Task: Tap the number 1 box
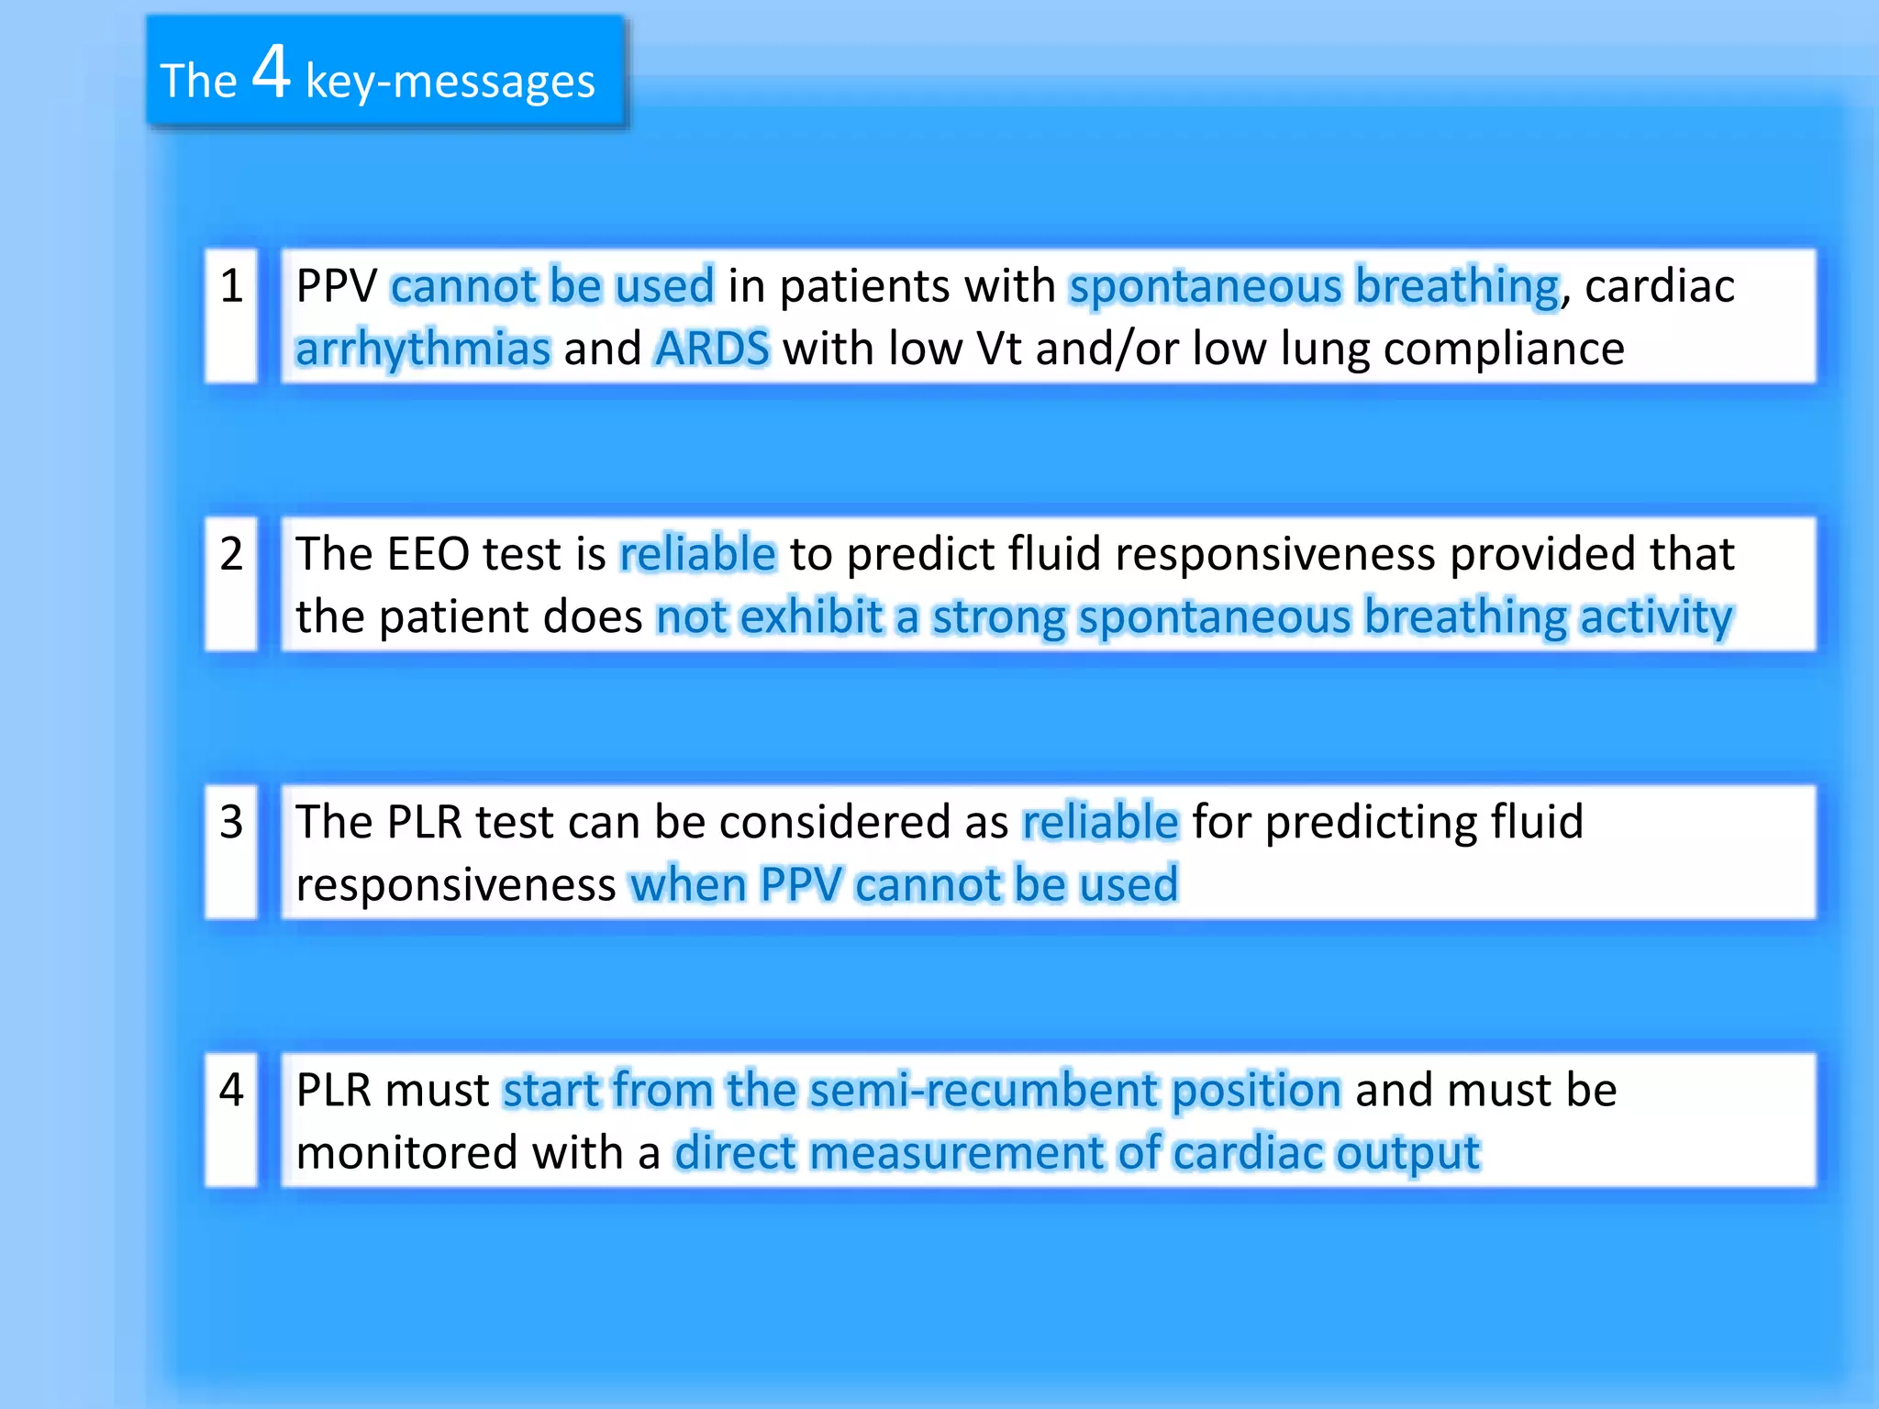(231, 315)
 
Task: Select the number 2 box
(231, 583)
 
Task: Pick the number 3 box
(231, 851)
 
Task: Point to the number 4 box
(231, 1119)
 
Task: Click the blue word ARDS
(712, 349)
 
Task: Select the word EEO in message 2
(428, 554)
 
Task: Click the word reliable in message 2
(697, 554)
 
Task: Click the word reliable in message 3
(1100, 822)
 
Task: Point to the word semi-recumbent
(984, 1091)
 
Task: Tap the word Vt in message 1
(998, 349)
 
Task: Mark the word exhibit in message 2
(811, 616)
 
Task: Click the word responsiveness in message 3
(455, 885)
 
